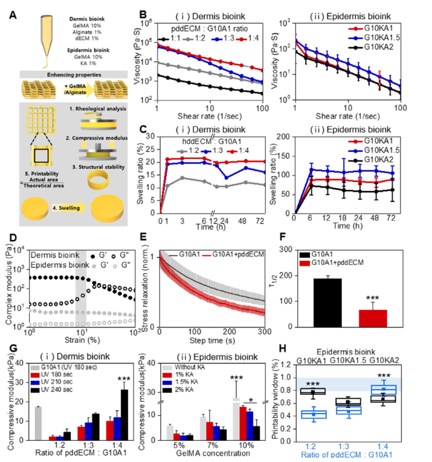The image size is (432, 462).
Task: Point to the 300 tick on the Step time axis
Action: [266, 333]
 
